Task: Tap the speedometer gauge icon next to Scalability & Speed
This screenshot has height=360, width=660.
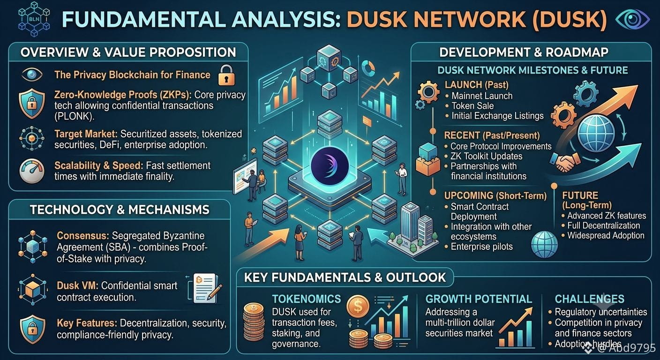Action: coord(32,171)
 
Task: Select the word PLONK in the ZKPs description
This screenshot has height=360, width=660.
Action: coord(73,116)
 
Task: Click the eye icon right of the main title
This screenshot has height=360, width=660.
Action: coord(633,19)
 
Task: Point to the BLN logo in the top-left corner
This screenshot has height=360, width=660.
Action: coord(34,20)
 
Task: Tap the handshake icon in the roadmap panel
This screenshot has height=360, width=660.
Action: coord(565,162)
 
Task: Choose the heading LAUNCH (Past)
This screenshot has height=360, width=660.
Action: coord(476,85)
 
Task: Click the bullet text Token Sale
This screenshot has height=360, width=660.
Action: coord(472,106)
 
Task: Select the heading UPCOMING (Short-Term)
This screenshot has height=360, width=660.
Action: coord(495,195)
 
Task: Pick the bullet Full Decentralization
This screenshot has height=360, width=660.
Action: coord(604,225)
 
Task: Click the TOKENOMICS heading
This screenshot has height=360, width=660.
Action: coord(307,299)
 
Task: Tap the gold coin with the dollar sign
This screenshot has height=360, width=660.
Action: coord(358,307)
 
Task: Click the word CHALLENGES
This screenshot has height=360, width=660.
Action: coord(590,299)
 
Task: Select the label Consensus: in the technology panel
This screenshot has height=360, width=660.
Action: coord(83,236)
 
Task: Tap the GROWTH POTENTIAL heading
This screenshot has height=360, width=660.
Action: coord(479,299)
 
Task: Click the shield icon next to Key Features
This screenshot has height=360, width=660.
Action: coord(32,329)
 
